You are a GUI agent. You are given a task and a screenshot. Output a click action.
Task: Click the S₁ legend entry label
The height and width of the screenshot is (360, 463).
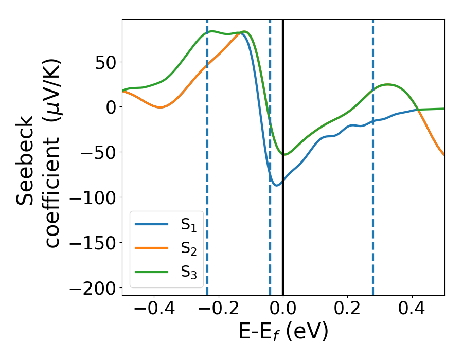pyautogui.click(x=188, y=225)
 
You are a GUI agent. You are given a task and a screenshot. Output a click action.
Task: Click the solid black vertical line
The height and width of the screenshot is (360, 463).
pyautogui.click(x=283, y=231)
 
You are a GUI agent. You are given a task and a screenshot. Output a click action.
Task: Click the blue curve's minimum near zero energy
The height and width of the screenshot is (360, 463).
pyautogui.click(x=277, y=185)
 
